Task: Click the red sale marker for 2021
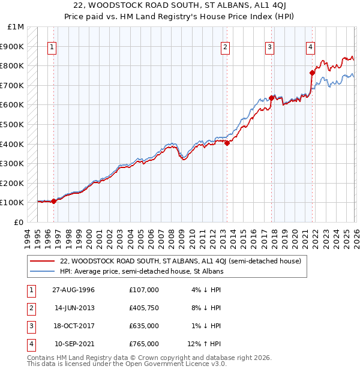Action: click(312, 73)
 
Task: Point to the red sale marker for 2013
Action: click(227, 143)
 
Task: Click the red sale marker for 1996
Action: click(54, 201)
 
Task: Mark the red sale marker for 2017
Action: click(272, 98)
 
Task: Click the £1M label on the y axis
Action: click(16, 27)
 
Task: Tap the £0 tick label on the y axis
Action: click(19, 222)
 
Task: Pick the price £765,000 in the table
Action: click(144, 344)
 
